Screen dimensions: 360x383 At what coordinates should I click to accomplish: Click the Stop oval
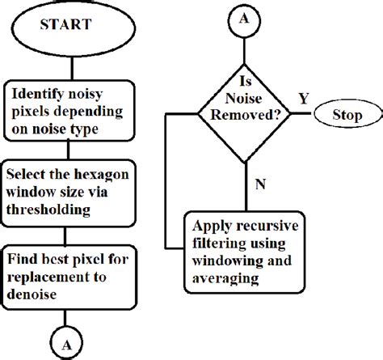click(347, 116)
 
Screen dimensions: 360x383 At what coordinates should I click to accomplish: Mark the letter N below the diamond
click(259, 184)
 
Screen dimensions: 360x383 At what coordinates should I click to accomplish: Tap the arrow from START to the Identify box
click(65, 61)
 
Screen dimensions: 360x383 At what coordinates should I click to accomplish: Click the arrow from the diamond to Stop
click(305, 116)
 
